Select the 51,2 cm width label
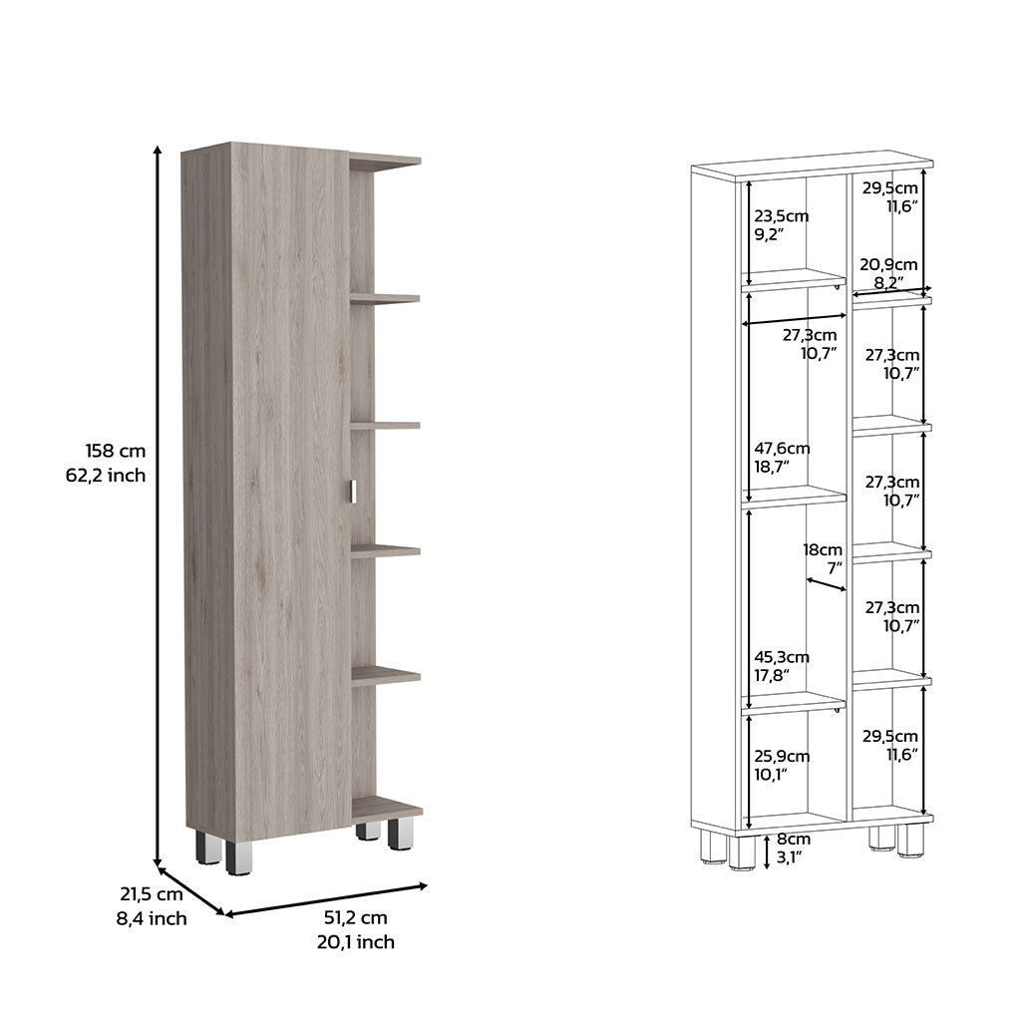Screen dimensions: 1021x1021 click(x=354, y=917)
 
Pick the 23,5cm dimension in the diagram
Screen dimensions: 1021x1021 click(x=782, y=215)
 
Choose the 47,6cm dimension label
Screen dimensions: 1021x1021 click(x=782, y=448)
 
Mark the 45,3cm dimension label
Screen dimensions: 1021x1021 click(x=782, y=657)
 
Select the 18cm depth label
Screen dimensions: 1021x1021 click(x=824, y=549)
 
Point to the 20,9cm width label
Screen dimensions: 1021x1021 click(x=889, y=264)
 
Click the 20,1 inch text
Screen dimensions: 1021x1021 click(x=354, y=942)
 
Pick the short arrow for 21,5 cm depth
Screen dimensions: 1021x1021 click(x=191, y=890)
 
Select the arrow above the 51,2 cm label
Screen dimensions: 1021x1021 click(x=326, y=898)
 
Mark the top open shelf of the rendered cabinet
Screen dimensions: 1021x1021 click(x=385, y=160)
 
